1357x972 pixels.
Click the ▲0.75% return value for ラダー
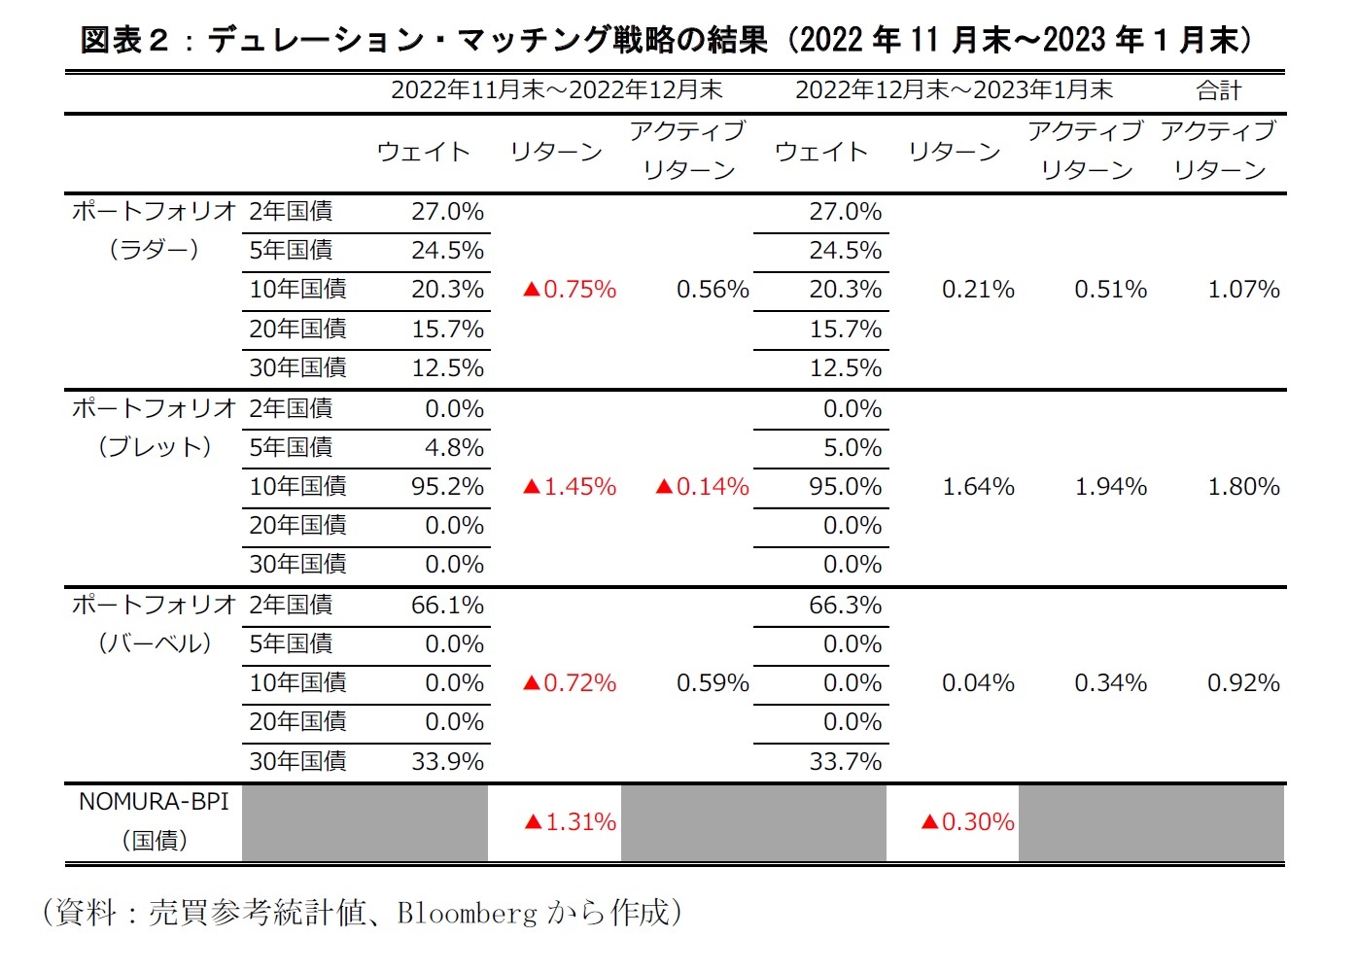570,290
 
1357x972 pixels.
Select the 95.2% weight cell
447,486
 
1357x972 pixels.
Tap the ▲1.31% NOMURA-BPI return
570,822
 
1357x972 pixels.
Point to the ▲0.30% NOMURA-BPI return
967,822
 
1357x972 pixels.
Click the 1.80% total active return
1243,486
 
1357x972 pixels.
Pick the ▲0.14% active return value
702,486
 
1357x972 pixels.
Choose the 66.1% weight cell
447,606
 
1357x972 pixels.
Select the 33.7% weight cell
845,761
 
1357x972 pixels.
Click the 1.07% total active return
1243,290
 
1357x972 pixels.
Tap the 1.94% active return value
1110,486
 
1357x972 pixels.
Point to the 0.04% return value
978,683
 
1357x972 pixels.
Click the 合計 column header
1219,91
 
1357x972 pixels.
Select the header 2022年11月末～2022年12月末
556,91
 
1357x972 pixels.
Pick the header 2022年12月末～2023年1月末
954,91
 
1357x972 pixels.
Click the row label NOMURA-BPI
154,802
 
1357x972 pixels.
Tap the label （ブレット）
154,447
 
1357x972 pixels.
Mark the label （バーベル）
154,643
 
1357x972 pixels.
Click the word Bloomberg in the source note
467,913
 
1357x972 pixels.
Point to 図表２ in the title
124,40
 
